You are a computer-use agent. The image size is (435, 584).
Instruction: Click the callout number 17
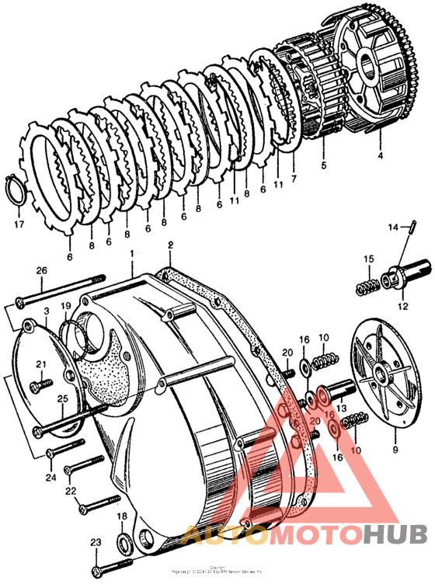[x=18, y=226]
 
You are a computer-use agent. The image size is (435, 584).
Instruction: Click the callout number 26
[x=42, y=270]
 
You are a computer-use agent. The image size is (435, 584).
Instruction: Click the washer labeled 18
[x=123, y=541]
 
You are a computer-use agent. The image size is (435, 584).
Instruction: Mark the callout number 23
[x=96, y=543]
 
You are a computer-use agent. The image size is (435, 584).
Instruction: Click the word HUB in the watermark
[x=395, y=535]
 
